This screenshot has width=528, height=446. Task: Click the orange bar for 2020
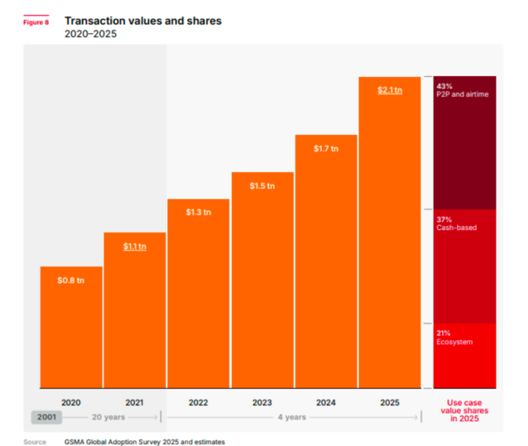(71, 327)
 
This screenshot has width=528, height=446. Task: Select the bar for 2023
(262, 280)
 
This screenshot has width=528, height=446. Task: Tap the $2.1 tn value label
(390, 90)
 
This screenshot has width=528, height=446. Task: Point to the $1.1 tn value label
(135, 246)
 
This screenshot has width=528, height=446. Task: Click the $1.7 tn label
(326, 149)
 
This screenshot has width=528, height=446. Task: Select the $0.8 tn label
(71, 280)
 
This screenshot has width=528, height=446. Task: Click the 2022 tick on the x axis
(198, 402)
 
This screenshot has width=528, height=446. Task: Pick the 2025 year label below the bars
(390, 402)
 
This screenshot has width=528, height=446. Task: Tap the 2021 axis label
(135, 402)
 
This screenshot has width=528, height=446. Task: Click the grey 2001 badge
(46, 418)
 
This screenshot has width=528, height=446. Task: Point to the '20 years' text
(108, 418)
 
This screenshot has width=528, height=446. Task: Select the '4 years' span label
(291, 418)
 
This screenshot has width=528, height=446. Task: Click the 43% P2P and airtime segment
(465, 143)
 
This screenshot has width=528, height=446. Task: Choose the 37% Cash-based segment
(465, 266)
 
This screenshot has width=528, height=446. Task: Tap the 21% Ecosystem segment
(465, 355)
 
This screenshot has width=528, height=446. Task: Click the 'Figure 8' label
(36, 22)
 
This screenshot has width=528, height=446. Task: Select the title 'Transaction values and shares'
(143, 21)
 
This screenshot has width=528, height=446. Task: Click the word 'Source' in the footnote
(35, 441)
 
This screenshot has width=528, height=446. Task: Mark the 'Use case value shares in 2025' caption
(465, 410)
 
